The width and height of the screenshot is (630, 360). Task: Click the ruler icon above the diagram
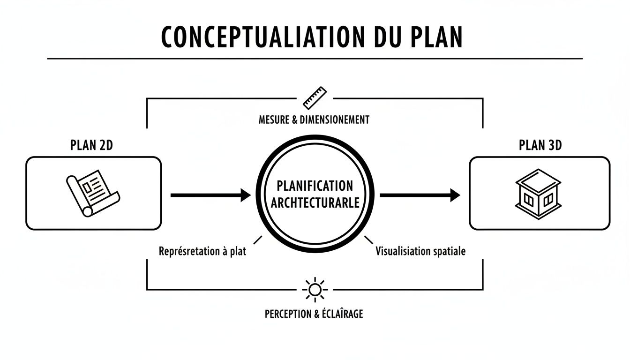pyautogui.click(x=314, y=98)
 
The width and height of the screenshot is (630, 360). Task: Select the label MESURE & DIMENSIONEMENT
pyautogui.click(x=314, y=120)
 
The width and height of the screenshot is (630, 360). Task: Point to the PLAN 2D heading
pyautogui.click(x=91, y=145)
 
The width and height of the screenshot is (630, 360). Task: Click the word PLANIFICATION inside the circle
pyautogui.click(x=315, y=186)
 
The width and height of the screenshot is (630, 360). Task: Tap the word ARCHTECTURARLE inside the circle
pyautogui.click(x=315, y=203)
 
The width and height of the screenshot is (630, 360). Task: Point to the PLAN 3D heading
pyautogui.click(x=540, y=145)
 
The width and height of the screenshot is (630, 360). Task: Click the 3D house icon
pyautogui.click(x=538, y=193)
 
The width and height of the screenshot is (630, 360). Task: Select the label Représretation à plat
pyautogui.click(x=202, y=251)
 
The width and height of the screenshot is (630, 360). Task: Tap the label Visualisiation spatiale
pyautogui.click(x=420, y=251)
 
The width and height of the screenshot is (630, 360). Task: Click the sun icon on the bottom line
pyautogui.click(x=315, y=290)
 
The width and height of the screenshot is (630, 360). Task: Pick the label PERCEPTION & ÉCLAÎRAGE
pyautogui.click(x=314, y=314)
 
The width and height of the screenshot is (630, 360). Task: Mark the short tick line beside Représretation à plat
pyautogui.click(x=257, y=240)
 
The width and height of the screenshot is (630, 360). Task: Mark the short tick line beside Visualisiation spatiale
pyautogui.click(x=369, y=240)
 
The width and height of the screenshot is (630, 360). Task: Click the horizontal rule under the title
pyautogui.click(x=315, y=59)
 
